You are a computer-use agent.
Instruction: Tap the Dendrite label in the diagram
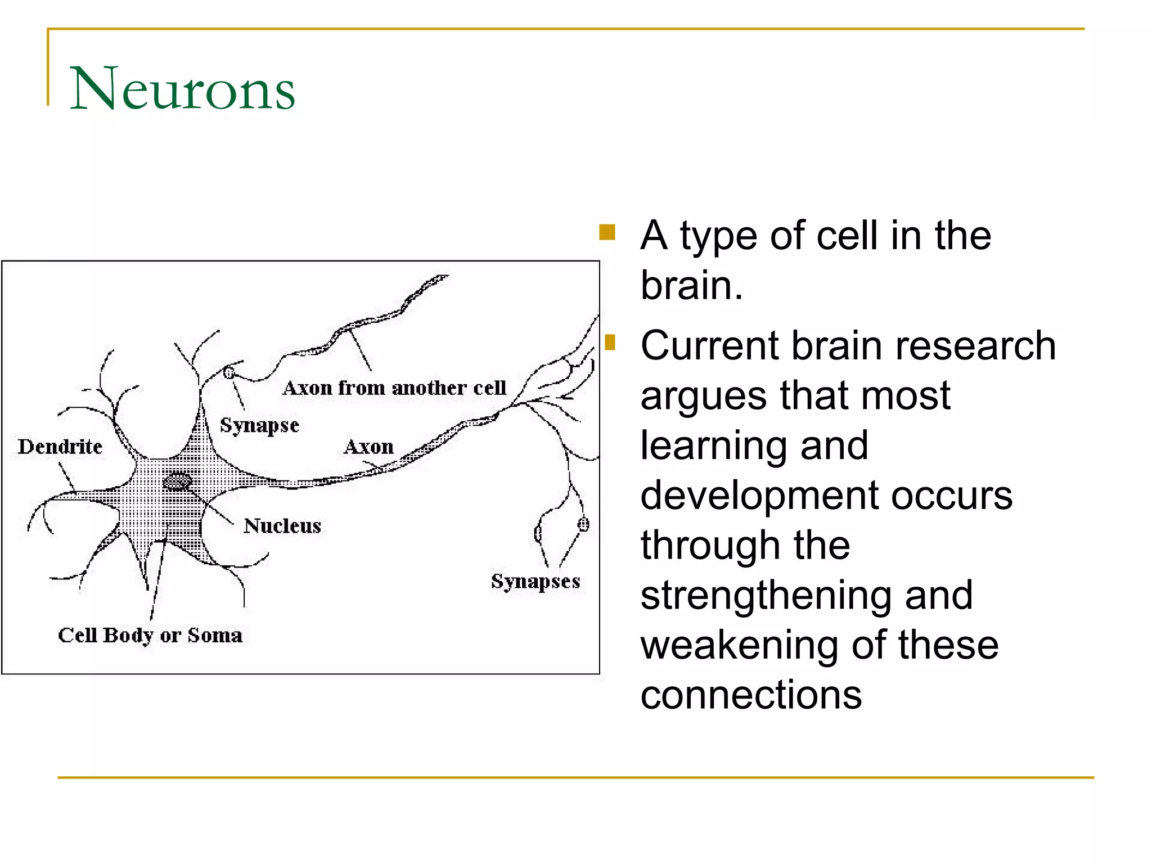pos(60,447)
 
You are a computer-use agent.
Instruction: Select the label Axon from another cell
pos(394,388)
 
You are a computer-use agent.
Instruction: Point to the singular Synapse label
pos(259,425)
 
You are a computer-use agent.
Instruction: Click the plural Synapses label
pos(535,581)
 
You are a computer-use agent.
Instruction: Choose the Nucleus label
pos(282,526)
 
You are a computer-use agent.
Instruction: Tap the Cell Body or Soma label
pos(150,635)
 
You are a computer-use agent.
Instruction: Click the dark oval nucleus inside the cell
pos(177,481)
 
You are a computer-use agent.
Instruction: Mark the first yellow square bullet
pos(607,232)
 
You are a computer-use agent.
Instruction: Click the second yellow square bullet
pos(610,342)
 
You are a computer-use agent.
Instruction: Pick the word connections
pos(751,695)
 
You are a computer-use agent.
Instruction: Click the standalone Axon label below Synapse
pos(369,447)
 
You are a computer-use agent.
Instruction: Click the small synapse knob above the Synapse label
pos(229,372)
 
